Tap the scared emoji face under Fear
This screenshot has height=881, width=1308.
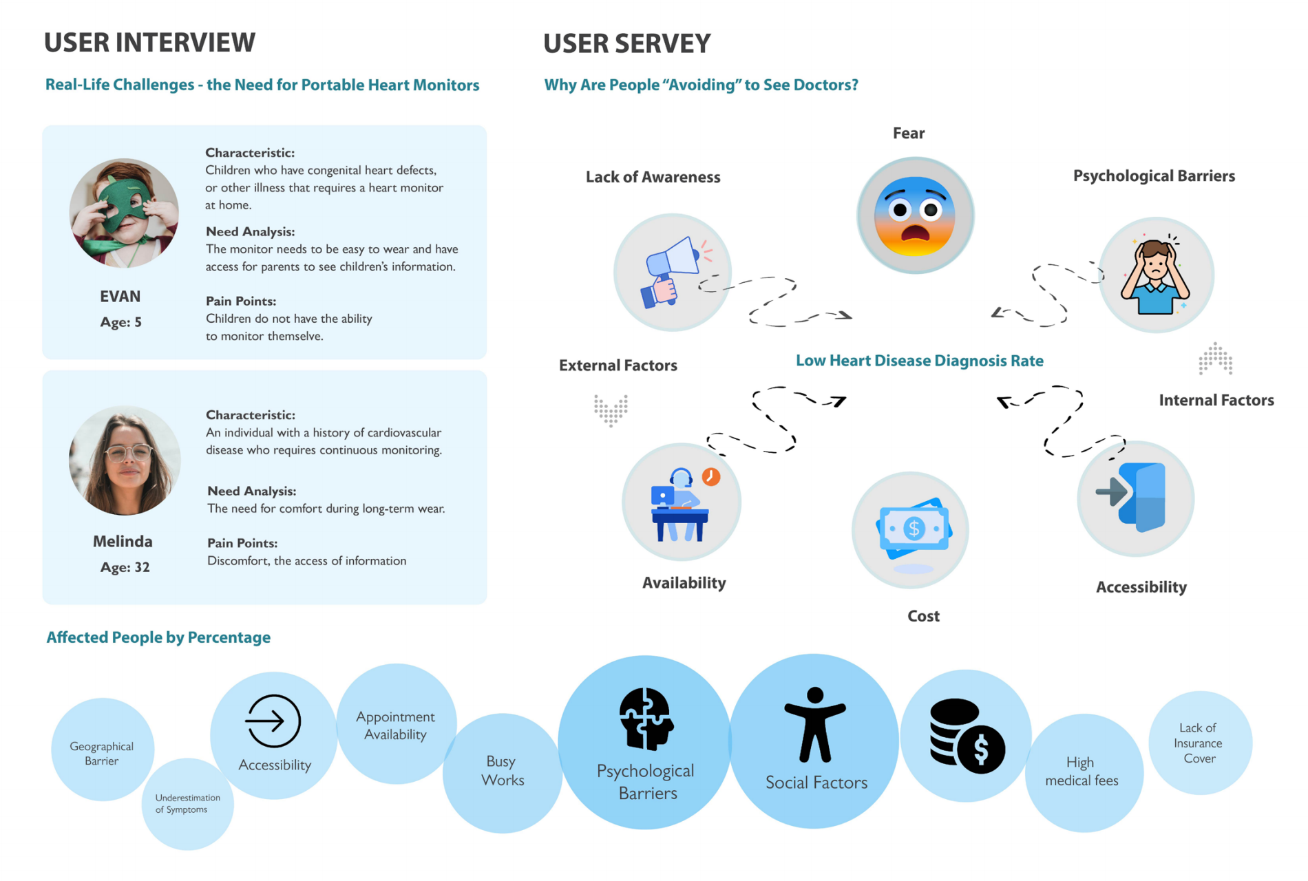(x=915, y=215)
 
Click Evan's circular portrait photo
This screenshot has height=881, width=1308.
(x=124, y=213)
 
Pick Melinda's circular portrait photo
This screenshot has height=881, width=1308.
(x=125, y=460)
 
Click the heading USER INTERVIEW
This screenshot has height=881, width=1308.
(x=149, y=43)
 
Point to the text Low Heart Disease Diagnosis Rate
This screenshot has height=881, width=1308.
(x=919, y=361)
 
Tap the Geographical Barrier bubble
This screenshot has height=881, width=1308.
(x=102, y=750)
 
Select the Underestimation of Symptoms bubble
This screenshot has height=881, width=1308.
(x=187, y=804)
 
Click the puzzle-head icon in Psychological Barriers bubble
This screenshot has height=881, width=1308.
(x=646, y=719)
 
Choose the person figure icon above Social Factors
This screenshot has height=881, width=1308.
(x=815, y=725)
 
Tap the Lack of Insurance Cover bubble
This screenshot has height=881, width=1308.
(x=1200, y=743)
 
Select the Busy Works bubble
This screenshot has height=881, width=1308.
(x=503, y=773)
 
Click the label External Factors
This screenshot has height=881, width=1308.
(x=618, y=365)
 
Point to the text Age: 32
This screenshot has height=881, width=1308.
(x=125, y=567)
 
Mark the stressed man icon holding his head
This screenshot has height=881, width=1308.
(x=1156, y=275)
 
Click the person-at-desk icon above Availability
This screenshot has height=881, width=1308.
(x=681, y=504)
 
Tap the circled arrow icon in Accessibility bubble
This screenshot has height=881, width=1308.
(x=273, y=721)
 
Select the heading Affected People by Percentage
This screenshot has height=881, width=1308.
(x=158, y=637)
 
